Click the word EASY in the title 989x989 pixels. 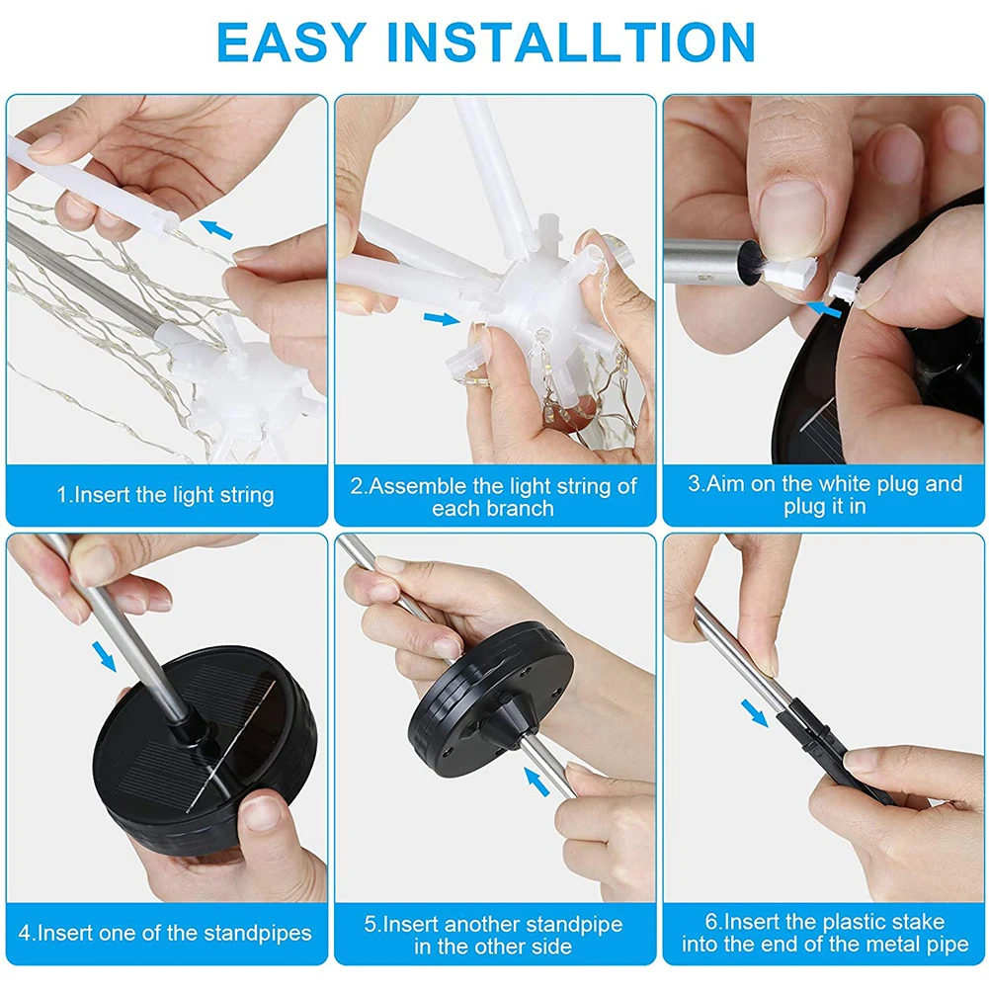290,41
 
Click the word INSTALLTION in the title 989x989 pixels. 571,41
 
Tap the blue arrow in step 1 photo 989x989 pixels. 215,229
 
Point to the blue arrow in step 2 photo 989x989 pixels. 442,319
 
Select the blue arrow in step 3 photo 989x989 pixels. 824,309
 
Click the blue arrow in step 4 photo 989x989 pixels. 104,657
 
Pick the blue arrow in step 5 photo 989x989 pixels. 536,782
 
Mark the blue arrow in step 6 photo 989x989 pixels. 755,713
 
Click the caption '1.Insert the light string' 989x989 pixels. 166,495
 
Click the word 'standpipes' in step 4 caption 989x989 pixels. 257,934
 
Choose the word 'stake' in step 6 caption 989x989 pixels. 916,922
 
